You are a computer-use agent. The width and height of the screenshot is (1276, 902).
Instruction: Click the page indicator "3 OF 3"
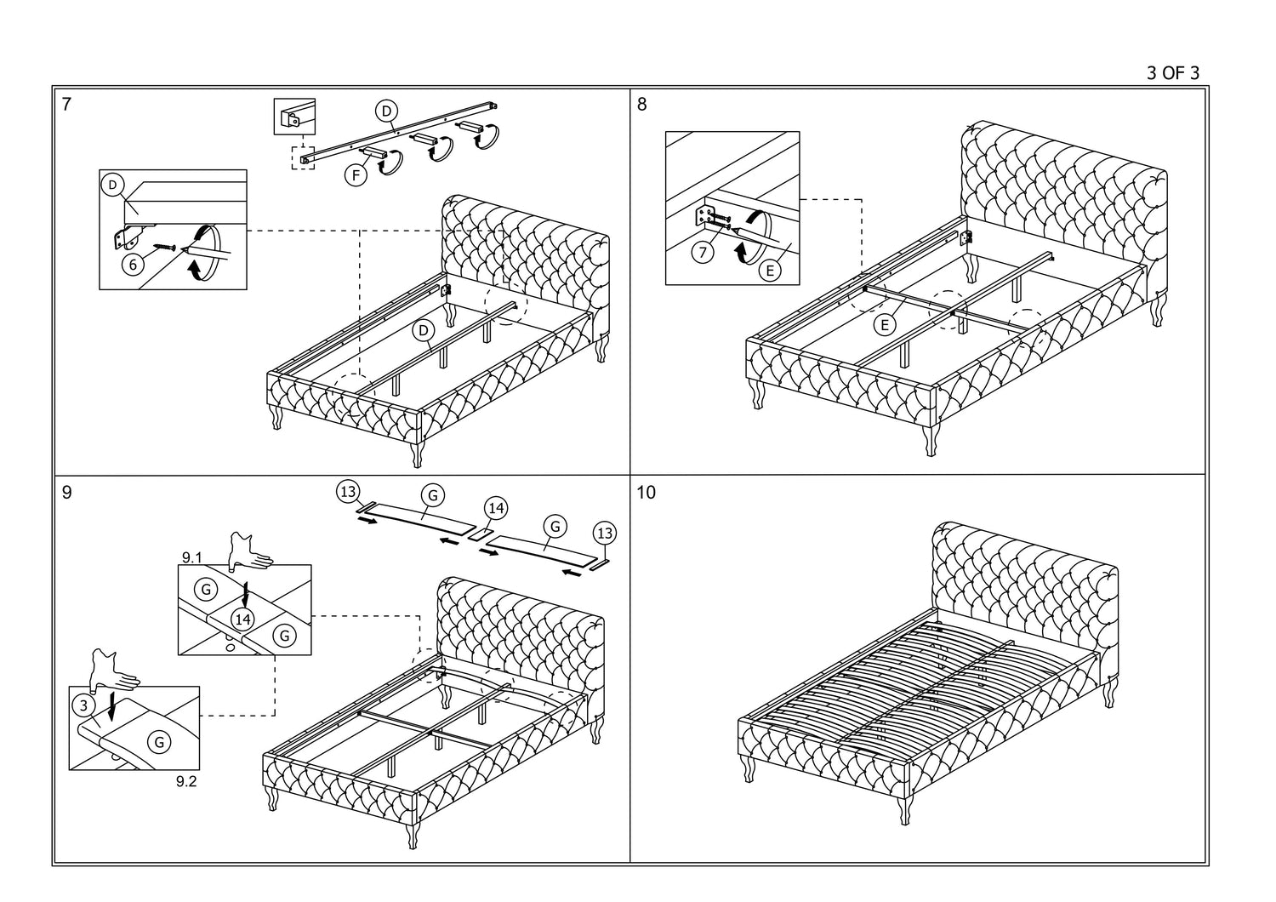point(1173,73)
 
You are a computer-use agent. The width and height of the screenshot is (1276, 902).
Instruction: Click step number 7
point(67,105)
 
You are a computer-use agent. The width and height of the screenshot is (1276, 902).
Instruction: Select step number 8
point(641,105)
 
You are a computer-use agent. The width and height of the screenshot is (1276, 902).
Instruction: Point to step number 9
point(67,493)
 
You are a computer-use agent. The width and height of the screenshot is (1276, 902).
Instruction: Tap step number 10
point(647,493)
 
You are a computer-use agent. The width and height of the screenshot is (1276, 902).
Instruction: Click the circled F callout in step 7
point(356,176)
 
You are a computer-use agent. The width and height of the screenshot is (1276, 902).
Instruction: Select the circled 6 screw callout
point(132,265)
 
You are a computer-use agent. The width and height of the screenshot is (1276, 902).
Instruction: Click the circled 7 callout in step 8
point(702,253)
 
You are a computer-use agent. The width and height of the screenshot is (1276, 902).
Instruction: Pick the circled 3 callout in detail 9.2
point(83,705)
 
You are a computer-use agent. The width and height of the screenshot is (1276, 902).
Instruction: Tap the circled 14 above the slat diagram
point(496,508)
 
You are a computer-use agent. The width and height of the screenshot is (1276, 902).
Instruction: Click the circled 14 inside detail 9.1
point(244,619)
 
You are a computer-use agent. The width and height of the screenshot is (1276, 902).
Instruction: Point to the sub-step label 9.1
point(191,557)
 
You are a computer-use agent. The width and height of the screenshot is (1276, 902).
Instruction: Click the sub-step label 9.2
point(186,781)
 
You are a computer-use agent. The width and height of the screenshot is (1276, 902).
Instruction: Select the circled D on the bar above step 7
point(386,111)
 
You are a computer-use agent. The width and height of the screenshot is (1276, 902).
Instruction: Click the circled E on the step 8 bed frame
point(885,324)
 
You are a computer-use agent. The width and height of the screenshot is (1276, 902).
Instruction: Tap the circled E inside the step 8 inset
point(770,271)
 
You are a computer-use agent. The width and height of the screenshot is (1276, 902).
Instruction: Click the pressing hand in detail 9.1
point(249,552)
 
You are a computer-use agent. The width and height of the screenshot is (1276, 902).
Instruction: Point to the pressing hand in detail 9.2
point(111,671)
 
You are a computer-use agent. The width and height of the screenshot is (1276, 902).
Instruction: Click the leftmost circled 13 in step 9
point(347,491)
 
